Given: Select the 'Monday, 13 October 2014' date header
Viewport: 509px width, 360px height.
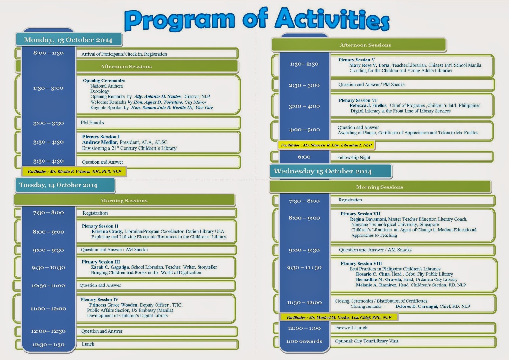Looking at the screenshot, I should [x=68, y=40].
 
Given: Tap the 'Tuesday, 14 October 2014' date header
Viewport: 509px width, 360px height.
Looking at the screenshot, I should [x=59, y=185].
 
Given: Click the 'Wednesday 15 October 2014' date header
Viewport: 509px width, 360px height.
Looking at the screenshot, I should [x=323, y=171].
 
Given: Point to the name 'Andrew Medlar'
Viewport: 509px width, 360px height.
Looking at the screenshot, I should [x=100, y=142].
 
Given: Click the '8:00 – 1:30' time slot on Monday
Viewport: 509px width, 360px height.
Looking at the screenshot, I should [x=48, y=53].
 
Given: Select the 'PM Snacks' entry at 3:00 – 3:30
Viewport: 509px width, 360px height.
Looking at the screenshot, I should [x=93, y=123].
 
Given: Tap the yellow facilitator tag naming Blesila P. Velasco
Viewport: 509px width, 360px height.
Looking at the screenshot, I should [x=74, y=171].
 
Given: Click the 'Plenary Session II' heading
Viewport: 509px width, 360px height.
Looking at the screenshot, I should [x=100, y=226].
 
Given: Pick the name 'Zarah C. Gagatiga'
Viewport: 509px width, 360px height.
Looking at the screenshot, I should [x=110, y=267].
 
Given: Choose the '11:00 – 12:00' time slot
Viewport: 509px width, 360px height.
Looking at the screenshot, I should [x=48, y=308].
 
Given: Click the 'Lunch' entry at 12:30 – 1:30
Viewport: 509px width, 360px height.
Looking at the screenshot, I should [x=88, y=344].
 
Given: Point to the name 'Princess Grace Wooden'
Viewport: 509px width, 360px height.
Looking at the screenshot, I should [x=114, y=305].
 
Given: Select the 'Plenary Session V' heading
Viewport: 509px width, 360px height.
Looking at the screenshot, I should [x=357, y=60].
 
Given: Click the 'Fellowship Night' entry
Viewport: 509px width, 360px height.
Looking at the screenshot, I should [x=354, y=157].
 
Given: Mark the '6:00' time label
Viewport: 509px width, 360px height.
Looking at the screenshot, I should [x=304, y=157].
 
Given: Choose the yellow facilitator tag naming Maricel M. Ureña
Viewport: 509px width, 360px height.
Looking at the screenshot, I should [x=339, y=317].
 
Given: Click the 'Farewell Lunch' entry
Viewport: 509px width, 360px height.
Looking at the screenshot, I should [x=351, y=328].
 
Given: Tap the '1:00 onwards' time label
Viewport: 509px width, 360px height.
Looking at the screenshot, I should [x=304, y=341].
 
